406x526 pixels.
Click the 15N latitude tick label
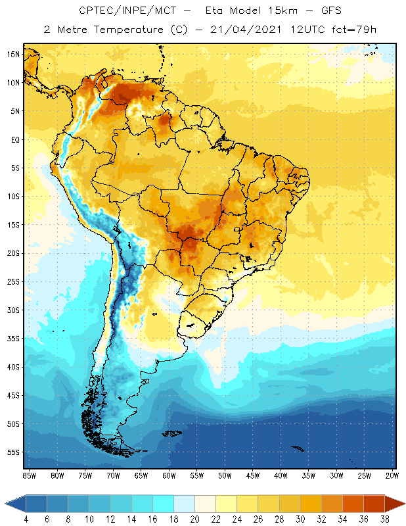(13, 55)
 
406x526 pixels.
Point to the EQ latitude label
(13, 139)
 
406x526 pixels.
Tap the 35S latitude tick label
(13, 339)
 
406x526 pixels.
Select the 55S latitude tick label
(13, 452)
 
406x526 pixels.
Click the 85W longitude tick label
(29, 475)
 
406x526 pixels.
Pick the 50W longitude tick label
(225, 475)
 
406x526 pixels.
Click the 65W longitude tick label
(141, 475)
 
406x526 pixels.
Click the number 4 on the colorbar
(26, 519)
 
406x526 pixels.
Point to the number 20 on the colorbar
(194, 519)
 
